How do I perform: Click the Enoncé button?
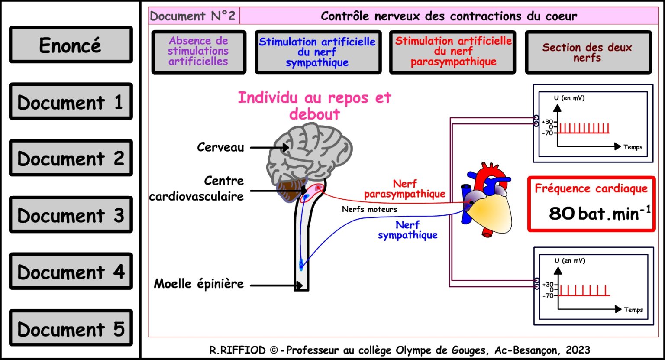[x=71, y=45]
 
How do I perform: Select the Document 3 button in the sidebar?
[x=71, y=214]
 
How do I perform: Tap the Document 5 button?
[x=71, y=328]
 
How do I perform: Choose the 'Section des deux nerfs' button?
[x=588, y=52]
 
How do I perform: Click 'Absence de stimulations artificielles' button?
[x=199, y=52]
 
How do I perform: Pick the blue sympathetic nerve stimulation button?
[x=318, y=52]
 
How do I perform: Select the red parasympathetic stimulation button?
[x=452, y=52]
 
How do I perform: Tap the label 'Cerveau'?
[x=220, y=147]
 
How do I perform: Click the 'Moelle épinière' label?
[x=199, y=284]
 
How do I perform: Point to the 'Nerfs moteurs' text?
[x=369, y=209]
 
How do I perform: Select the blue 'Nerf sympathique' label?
[x=407, y=230]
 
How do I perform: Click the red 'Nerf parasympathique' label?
[x=405, y=189]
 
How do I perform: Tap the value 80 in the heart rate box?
[x=561, y=213]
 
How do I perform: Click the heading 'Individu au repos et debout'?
[x=315, y=106]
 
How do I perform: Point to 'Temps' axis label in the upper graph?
[x=633, y=147]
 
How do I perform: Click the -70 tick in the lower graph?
[x=548, y=296]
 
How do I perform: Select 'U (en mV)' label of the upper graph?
[x=569, y=98]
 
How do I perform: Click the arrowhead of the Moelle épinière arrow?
[x=299, y=286]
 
